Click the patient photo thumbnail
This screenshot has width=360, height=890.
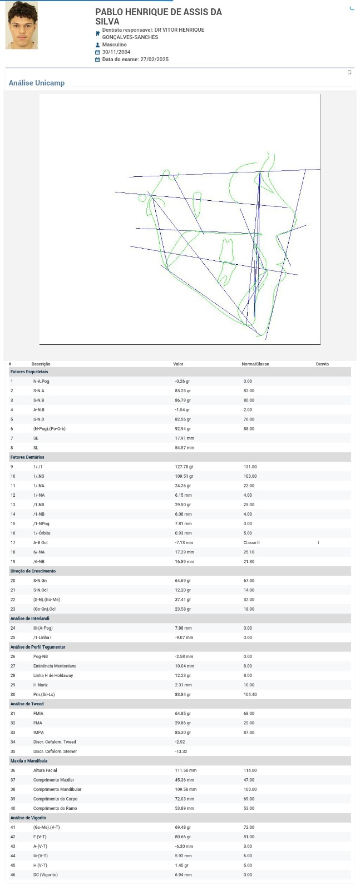[x=22, y=26]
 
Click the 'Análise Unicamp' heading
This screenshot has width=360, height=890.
[x=37, y=83]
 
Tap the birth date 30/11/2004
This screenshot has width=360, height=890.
[x=116, y=52]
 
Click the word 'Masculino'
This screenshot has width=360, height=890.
[x=115, y=45]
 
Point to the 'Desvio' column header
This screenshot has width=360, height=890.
[x=322, y=364]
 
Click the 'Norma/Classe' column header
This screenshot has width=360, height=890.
[x=255, y=364]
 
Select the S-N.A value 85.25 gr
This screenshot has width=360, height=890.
[x=183, y=391]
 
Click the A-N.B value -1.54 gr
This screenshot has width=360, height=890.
[x=183, y=410]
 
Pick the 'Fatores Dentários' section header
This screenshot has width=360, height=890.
[x=27, y=457]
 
